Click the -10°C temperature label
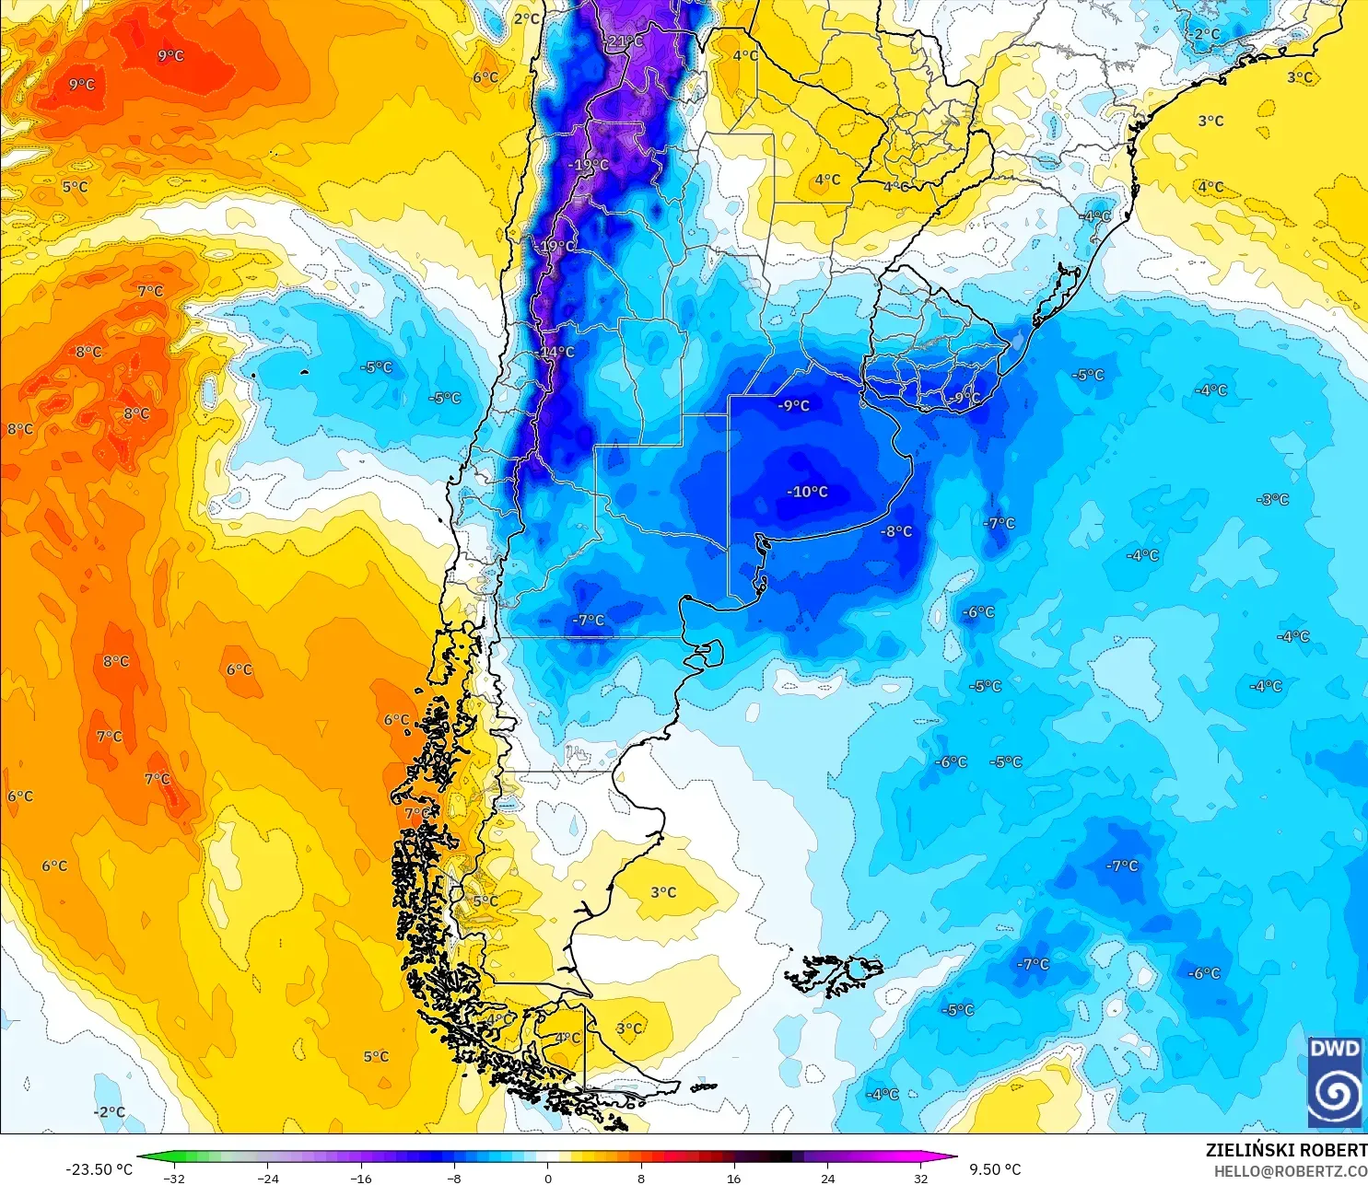[x=807, y=492]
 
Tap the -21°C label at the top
[x=625, y=41]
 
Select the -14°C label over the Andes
[x=555, y=352]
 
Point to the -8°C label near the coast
[x=895, y=531]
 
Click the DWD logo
[x=1335, y=1081]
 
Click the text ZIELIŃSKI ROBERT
[x=1286, y=1150]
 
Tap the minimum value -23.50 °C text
[x=99, y=1169]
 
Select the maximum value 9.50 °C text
[x=995, y=1169]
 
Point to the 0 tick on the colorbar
[x=547, y=1178]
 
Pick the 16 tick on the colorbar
[x=734, y=1178]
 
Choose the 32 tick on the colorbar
[x=921, y=1178]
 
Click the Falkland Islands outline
[x=834, y=974]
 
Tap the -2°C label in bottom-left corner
[x=109, y=1111]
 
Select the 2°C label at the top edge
[x=526, y=18]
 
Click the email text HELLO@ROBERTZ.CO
[x=1290, y=1171]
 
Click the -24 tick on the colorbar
[x=267, y=1178]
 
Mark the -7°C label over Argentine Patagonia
[x=588, y=621]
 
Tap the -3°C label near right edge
[x=1272, y=499]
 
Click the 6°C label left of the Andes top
[x=485, y=77]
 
